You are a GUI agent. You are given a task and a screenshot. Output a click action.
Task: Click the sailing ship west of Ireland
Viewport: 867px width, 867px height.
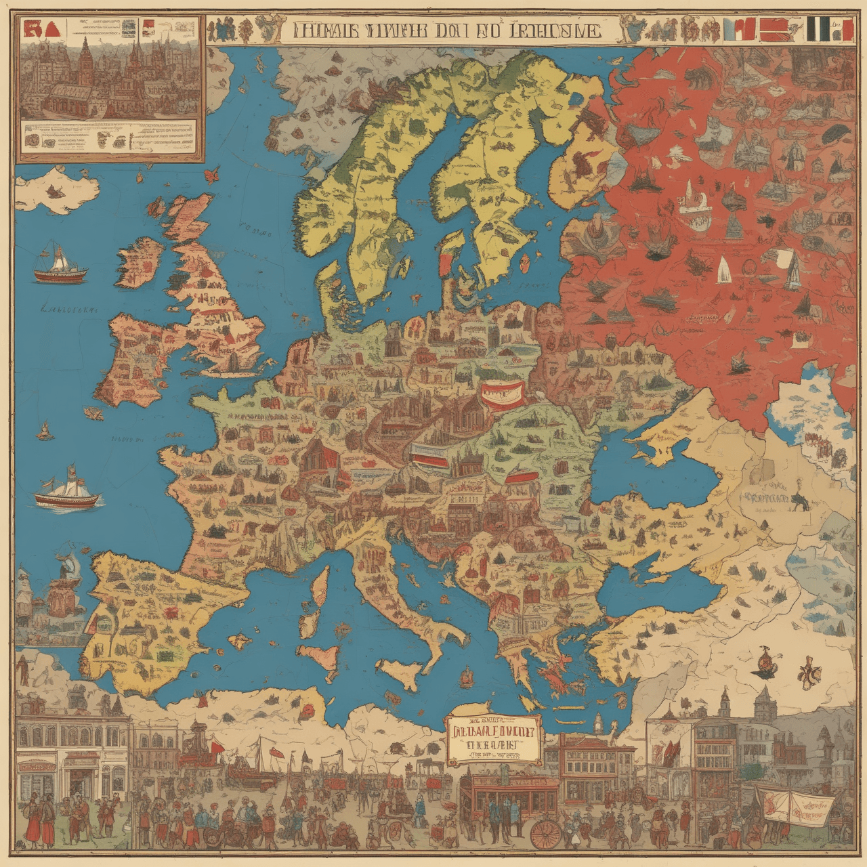point(60,265)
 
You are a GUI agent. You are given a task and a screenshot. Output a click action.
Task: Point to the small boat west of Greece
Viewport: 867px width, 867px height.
point(466,675)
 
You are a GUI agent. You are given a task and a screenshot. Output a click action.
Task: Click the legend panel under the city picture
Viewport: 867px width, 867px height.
point(110,138)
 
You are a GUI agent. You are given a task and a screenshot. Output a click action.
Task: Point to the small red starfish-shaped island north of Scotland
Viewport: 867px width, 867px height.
point(212,174)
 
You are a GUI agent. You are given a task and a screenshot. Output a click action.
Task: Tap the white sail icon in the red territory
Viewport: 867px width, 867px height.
point(723,270)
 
